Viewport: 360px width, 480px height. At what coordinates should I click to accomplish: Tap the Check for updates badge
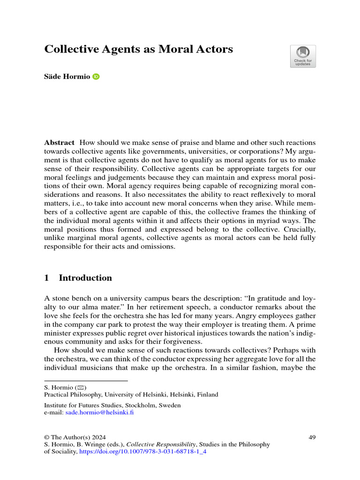pos(303,56)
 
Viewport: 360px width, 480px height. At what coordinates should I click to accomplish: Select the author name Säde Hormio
pos(67,77)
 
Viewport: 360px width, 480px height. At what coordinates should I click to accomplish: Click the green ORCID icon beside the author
pos(97,77)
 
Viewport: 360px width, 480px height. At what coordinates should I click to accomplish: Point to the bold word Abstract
pos(59,142)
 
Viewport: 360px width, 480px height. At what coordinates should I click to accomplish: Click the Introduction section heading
pos(85,278)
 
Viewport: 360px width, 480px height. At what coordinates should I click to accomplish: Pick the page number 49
pos(312,437)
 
